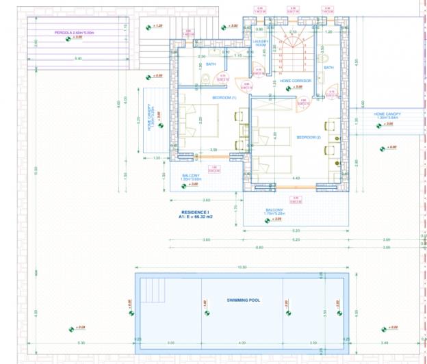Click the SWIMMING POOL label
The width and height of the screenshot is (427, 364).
[244, 300]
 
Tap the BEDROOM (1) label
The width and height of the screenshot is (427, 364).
[224, 98]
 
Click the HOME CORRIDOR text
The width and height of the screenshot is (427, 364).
[296, 81]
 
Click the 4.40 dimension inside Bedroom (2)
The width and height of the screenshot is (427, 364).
[296, 179]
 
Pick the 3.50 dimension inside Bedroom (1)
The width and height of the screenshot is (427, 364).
[213, 150]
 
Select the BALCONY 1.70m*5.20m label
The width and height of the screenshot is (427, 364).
[274, 212]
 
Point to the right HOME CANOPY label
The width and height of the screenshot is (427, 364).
[387, 115]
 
